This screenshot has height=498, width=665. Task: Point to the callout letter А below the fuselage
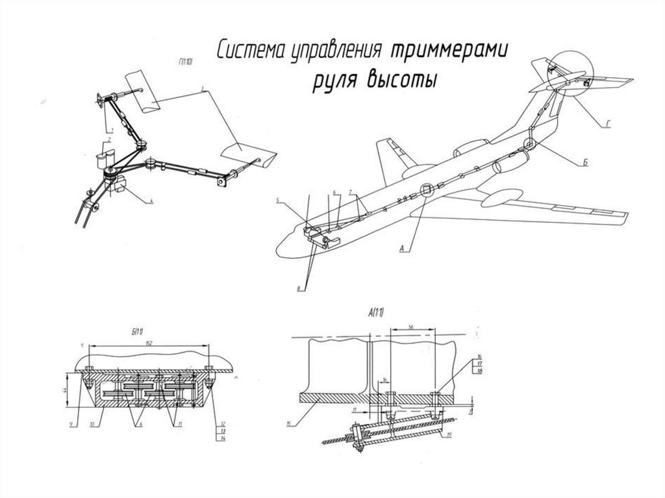click(x=403, y=247)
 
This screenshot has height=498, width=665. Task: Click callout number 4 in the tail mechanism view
click(x=151, y=202)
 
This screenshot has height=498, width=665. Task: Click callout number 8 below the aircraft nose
click(x=299, y=289)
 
